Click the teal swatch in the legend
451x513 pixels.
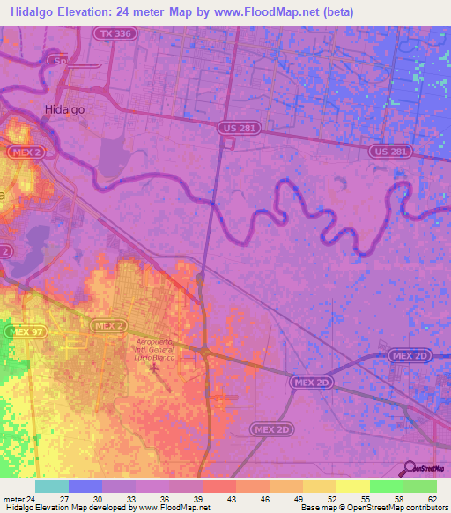click(x=52, y=486)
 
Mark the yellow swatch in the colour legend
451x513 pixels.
click(x=353, y=486)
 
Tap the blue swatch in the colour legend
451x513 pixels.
click(x=85, y=486)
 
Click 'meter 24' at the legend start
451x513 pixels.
click(x=18, y=499)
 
